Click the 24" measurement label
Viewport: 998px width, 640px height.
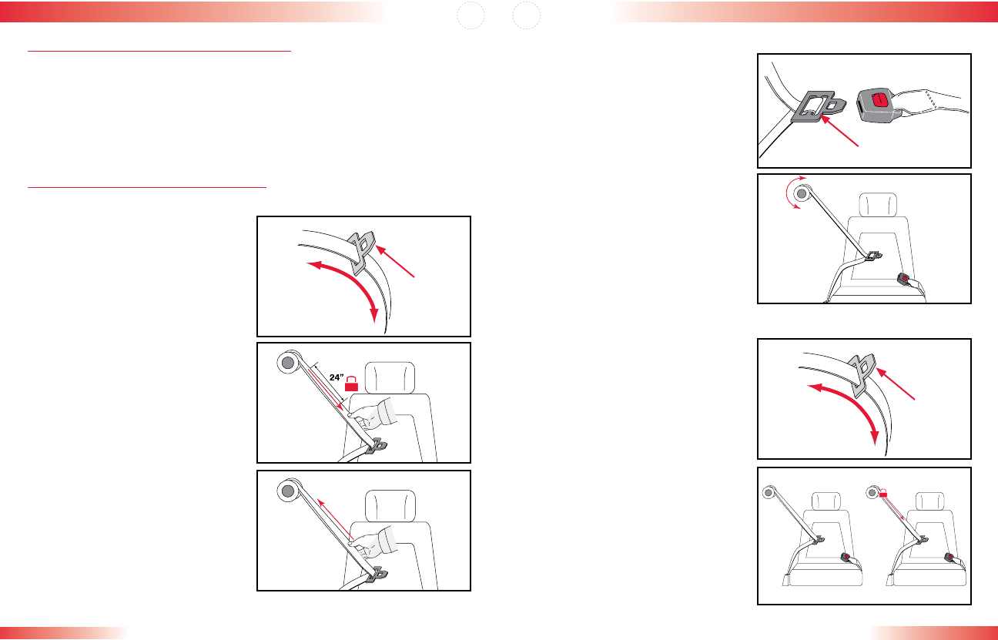337,377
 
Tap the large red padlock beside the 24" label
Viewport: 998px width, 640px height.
351,384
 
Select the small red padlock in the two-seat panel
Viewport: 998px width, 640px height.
883,493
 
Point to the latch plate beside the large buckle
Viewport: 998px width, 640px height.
818,106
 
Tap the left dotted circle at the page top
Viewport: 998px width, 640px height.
471,15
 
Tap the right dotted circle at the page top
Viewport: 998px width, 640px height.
526,15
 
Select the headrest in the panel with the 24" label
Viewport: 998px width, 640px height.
390,377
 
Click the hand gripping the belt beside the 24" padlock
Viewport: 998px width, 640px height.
373,415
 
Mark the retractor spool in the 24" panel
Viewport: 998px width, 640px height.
288,363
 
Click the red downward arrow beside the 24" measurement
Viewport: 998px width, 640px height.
325,390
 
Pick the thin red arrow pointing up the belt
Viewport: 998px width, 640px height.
335,519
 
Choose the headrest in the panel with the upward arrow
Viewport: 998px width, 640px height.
390,505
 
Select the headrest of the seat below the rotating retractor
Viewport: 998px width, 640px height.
878,205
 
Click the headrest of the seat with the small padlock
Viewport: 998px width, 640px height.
929,502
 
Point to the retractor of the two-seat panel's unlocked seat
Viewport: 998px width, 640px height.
769,492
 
